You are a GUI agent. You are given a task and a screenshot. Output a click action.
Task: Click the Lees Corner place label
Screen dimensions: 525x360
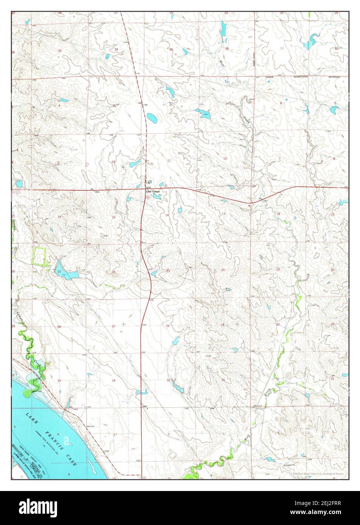153,192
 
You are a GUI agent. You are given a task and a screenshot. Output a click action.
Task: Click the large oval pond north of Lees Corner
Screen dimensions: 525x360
152,118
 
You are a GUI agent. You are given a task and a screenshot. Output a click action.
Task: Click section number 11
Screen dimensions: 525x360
169,161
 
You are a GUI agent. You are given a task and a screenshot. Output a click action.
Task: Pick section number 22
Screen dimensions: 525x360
113,272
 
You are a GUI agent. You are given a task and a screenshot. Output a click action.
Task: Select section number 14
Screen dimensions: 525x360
167,215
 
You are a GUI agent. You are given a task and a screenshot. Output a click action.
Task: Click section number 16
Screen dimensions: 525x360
59,217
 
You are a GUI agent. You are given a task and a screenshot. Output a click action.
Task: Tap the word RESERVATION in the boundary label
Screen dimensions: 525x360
301,77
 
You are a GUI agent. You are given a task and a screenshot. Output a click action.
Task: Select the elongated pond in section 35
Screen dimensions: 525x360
177,386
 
